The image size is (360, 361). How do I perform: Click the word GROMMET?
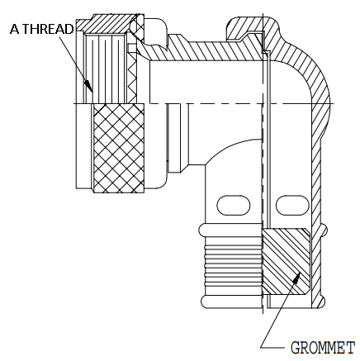(x=323, y=348)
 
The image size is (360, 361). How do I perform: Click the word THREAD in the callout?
(x=48, y=29)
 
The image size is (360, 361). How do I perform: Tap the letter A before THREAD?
(x=15, y=29)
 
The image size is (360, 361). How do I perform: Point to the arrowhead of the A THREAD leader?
(x=88, y=86)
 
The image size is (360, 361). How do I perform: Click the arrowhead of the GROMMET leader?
(x=296, y=277)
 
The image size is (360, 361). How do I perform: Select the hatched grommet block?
(x=287, y=262)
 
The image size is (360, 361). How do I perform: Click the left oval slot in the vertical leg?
(x=234, y=205)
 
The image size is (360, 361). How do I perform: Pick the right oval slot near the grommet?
(x=292, y=205)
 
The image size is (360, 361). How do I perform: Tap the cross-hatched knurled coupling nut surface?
(x=119, y=148)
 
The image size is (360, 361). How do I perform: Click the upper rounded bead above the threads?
(x=230, y=230)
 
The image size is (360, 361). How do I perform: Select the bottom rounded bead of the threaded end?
(x=231, y=302)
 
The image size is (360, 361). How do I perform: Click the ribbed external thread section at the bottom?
(x=233, y=266)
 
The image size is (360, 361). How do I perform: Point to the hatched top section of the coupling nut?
(x=110, y=24)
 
